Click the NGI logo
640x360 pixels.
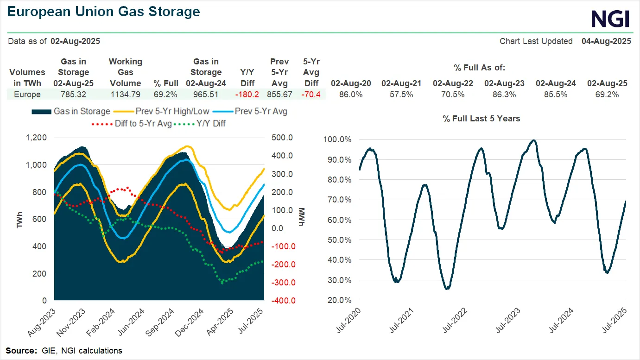[x=610, y=19]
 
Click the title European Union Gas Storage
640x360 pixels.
[x=104, y=12]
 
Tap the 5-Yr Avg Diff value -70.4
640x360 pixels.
[x=311, y=95]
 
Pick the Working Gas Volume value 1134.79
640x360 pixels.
[x=125, y=95]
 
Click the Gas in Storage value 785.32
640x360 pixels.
[x=73, y=95]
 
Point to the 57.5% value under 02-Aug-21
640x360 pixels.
[x=401, y=95]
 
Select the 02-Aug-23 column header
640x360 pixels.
[x=504, y=83]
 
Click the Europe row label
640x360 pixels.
[x=28, y=95]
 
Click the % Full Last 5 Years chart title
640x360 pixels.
[x=481, y=119]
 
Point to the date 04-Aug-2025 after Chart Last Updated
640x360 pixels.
[x=606, y=41]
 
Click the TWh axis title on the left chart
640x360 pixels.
[x=19, y=219]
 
